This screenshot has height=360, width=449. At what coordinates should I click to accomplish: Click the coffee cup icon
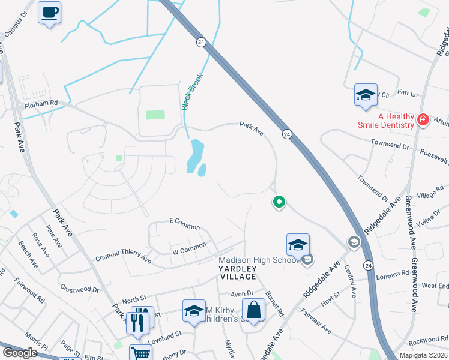point(49,12)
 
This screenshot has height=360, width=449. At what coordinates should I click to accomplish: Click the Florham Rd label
point(41,103)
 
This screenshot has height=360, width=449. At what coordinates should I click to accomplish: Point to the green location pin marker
point(279,202)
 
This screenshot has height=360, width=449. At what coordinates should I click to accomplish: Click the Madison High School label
point(258,260)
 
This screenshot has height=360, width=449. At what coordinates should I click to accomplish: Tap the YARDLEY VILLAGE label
point(237,272)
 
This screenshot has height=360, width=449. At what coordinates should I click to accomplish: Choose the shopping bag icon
point(254,310)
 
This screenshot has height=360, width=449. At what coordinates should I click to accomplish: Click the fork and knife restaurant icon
point(139,322)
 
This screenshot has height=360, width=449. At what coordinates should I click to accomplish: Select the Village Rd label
point(430,196)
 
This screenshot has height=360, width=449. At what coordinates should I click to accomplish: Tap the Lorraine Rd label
point(393,275)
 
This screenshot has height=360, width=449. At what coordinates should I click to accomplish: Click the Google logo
point(19,353)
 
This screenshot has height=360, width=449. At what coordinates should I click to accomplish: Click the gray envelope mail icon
point(307,259)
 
